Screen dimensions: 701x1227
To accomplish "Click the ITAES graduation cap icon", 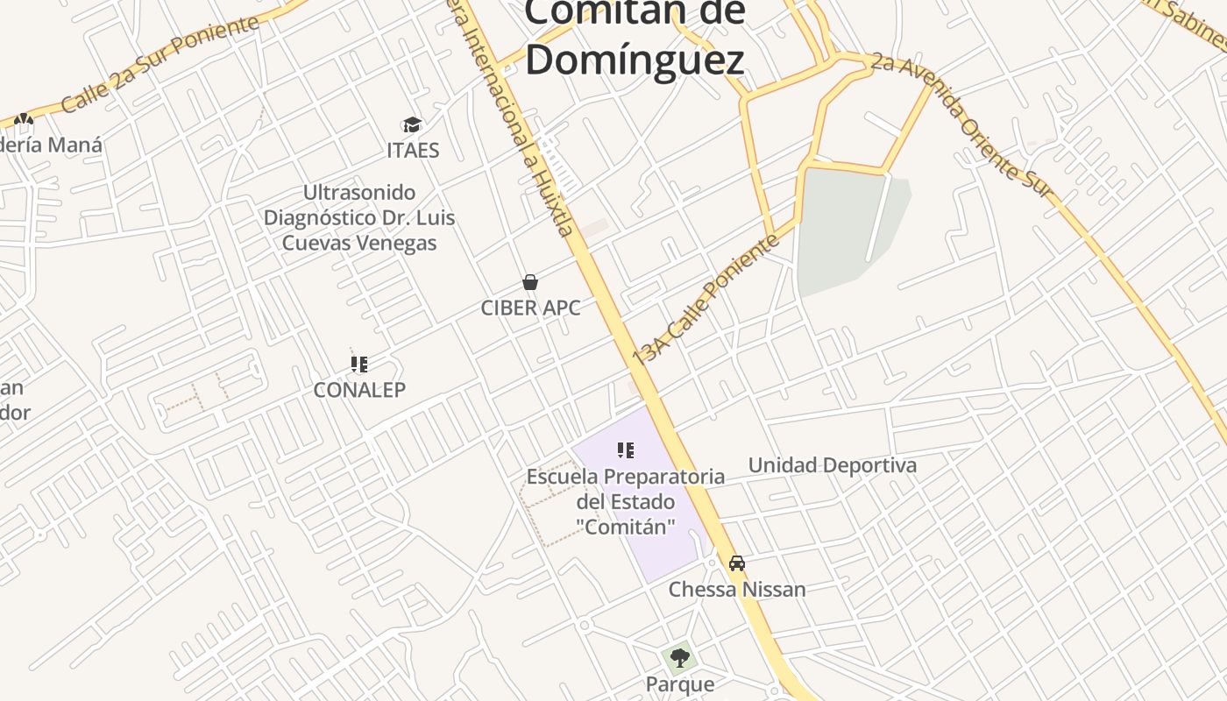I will tap(412, 125).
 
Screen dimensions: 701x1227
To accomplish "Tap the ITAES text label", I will tap(413, 150).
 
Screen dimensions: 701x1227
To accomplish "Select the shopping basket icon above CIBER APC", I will tap(529, 282).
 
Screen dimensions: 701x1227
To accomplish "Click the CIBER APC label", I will tap(530, 308).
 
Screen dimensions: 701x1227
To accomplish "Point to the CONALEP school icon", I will tap(359, 364).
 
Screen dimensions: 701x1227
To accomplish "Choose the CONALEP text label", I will tap(359, 390).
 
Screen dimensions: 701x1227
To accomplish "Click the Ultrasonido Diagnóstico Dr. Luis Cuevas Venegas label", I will tap(359, 217).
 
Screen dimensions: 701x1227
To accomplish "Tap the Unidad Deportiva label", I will tap(832, 465).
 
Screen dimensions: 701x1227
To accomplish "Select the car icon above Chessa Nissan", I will tap(737, 563).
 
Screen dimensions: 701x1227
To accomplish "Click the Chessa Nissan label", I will tap(737, 589).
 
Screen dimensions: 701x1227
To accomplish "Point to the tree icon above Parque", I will tap(679, 657).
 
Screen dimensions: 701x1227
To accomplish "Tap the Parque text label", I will tap(679, 683).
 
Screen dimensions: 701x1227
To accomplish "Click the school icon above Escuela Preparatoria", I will tap(626, 451).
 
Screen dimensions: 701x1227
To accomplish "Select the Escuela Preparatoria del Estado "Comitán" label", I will tap(626, 501).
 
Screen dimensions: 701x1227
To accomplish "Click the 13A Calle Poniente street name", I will tap(706, 298).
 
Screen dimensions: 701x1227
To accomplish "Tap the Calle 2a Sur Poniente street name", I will tap(160, 62).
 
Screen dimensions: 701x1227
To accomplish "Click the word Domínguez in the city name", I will tap(635, 60).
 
